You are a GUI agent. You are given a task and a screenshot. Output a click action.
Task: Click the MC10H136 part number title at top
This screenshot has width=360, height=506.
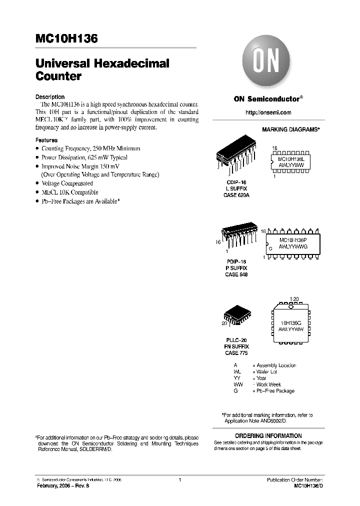pyautogui.click(x=66, y=38)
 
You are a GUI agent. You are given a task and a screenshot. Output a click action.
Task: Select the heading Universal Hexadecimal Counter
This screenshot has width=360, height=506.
pyautogui.click(x=102, y=70)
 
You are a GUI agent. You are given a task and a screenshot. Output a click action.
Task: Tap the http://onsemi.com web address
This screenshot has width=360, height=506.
pyautogui.click(x=268, y=112)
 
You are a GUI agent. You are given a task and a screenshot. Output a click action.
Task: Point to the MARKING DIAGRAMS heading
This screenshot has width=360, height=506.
pyautogui.click(x=290, y=129)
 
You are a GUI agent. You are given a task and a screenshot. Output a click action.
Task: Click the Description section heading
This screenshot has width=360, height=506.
pyautogui.click(x=50, y=97)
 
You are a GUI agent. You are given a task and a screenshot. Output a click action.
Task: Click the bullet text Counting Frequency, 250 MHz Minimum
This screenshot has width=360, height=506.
pyautogui.click(x=90, y=149)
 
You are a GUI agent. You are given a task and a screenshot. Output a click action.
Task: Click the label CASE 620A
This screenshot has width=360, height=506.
pyautogui.click(x=236, y=195)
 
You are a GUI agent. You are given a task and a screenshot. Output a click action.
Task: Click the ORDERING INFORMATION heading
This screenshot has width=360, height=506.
pyautogui.click(x=268, y=435)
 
